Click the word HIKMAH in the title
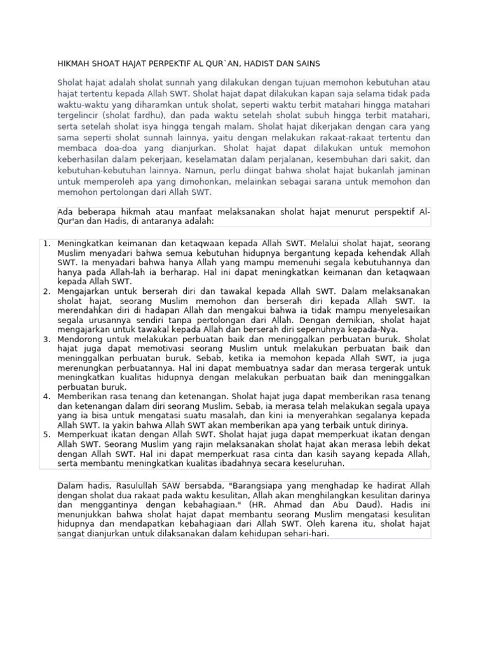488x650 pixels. point(74,64)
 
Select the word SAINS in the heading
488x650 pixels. point(307,64)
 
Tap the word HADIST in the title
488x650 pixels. point(254,64)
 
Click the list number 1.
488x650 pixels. point(46,244)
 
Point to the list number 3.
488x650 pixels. point(46,339)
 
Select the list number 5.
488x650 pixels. point(46,434)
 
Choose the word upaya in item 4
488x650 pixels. point(417,406)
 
